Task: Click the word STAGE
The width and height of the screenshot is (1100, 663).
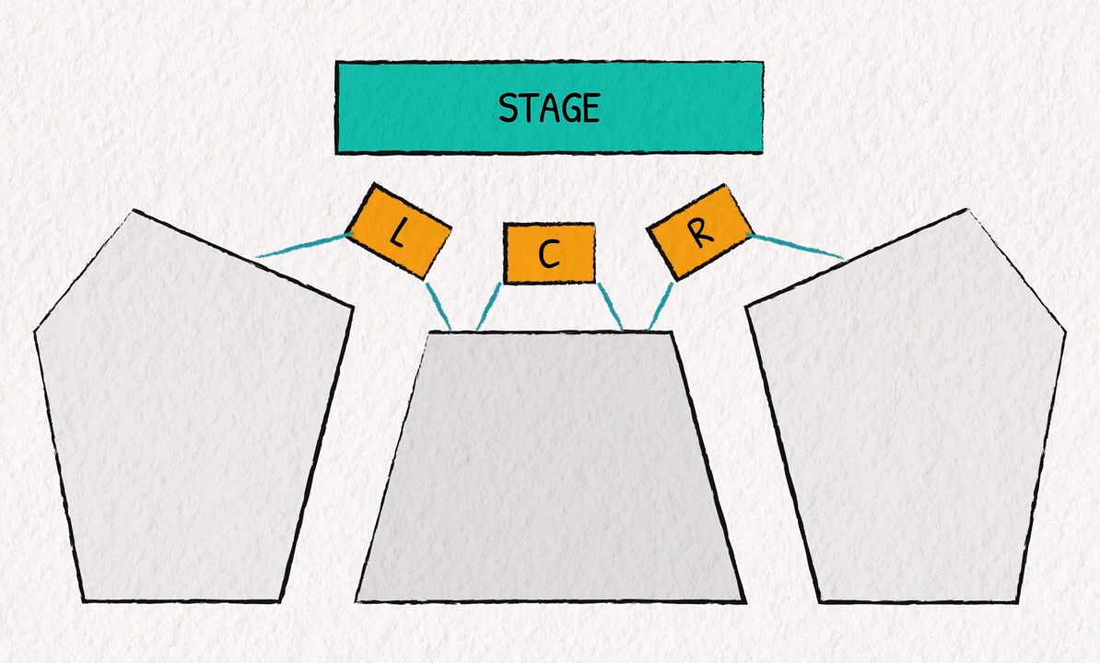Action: [549, 108]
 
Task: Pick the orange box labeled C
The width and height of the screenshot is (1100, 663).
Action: [549, 253]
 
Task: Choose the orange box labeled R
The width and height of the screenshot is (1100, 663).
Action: [700, 232]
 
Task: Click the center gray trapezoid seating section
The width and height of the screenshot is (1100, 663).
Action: [550, 470]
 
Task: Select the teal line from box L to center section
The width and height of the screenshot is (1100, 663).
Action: [438, 305]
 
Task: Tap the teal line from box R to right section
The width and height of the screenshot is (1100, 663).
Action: [797, 246]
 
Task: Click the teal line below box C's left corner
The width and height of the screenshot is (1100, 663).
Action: [488, 306]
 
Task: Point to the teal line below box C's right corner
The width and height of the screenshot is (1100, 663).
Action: [610, 306]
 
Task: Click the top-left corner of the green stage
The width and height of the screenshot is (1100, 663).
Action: [337, 64]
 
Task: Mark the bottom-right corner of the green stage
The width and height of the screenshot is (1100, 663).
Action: [762, 151]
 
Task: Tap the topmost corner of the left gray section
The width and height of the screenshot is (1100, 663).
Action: [135, 212]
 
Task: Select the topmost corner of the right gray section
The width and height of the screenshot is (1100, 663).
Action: [965, 211]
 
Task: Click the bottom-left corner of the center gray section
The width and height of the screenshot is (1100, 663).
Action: [357, 600]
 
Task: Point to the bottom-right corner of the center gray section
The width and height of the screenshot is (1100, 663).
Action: [744, 600]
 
